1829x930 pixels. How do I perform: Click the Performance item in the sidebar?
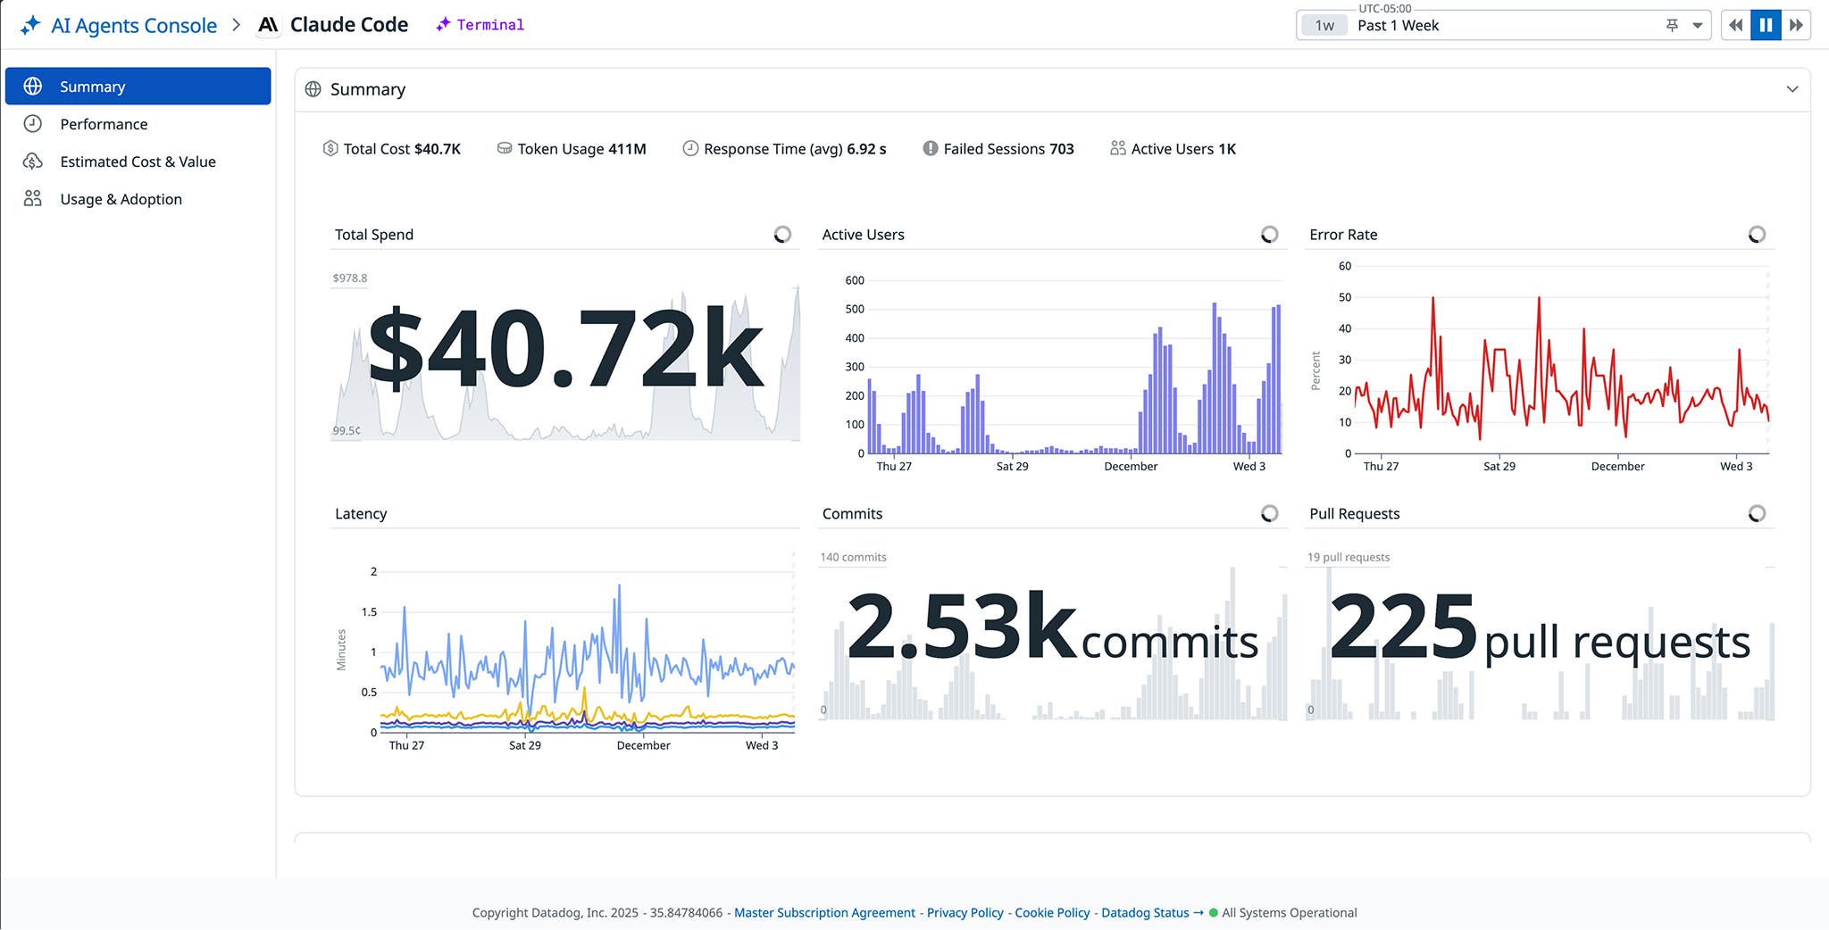104,124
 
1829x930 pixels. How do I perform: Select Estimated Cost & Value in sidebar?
138,162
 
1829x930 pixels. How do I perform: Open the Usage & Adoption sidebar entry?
121,199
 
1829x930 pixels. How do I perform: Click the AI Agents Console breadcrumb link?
133,25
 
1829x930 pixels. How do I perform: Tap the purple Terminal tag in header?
489,25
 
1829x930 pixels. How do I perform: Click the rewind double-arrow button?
1735,25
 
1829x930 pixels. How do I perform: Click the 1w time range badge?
1324,26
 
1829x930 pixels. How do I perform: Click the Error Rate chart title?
1343,235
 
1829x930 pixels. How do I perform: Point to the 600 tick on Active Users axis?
855,280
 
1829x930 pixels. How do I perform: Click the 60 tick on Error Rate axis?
1344,266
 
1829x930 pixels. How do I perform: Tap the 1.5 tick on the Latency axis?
369,612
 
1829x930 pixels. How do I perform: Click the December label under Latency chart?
643,745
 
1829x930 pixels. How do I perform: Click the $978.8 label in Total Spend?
349,278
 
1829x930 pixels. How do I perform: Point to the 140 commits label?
853,557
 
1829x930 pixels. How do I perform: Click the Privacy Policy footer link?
965,912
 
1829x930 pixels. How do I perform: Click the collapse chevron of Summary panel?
1791,89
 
